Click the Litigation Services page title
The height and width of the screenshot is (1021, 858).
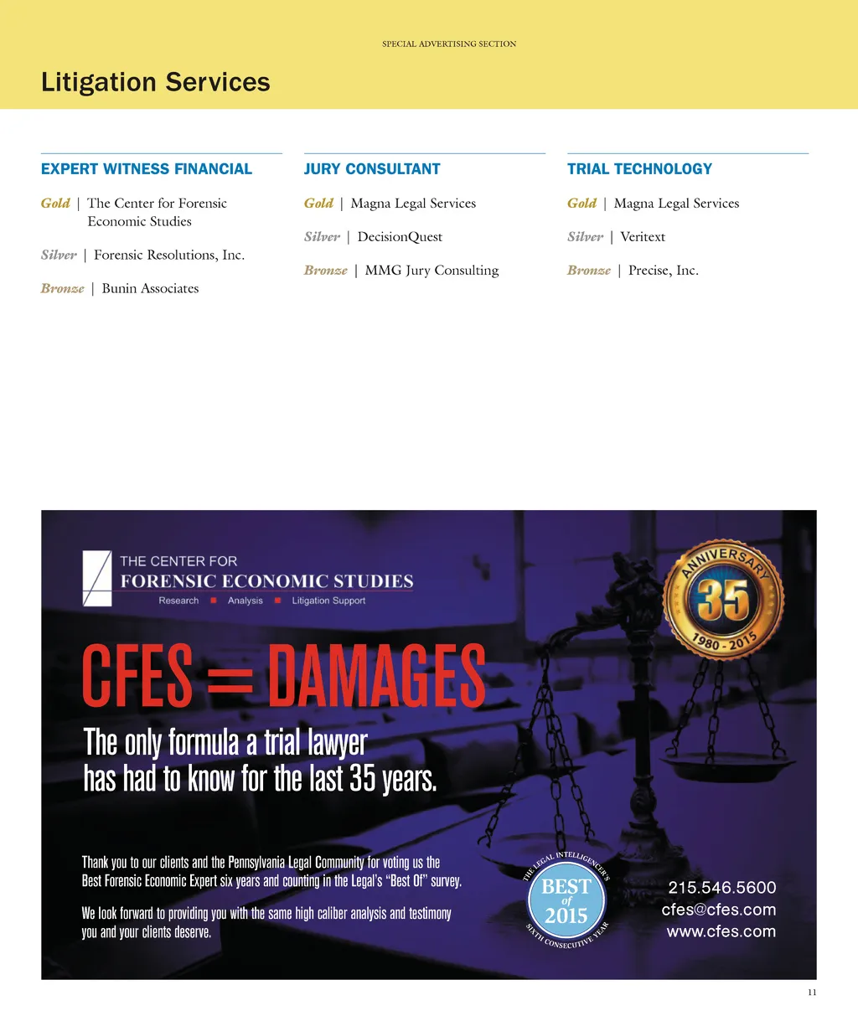tap(156, 82)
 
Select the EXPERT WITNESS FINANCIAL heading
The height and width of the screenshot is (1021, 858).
tap(147, 169)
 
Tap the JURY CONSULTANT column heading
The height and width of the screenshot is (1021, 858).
tap(372, 169)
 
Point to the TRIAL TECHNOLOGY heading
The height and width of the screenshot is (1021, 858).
tap(639, 169)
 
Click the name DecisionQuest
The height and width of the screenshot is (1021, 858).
tap(400, 237)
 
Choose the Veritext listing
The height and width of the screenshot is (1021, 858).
tap(643, 237)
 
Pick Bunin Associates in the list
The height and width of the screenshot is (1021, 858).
tap(150, 289)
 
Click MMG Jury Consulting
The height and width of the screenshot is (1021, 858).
tap(432, 271)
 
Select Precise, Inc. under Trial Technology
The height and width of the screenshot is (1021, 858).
tap(663, 271)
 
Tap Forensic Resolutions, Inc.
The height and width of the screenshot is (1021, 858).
tap(169, 255)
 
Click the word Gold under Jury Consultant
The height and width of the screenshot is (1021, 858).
tap(318, 204)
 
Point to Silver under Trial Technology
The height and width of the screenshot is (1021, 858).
tap(585, 237)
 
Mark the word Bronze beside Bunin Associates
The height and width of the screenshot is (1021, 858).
tap(63, 289)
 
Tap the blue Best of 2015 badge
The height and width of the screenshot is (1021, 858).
tap(566, 901)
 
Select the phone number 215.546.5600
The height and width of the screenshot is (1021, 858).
tap(722, 888)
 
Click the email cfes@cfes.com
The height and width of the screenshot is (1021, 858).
tap(719, 910)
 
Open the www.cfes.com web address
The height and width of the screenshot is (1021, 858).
tap(721, 931)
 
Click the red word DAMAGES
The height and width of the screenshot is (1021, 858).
tap(375, 676)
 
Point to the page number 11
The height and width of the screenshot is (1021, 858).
tap(812, 993)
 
